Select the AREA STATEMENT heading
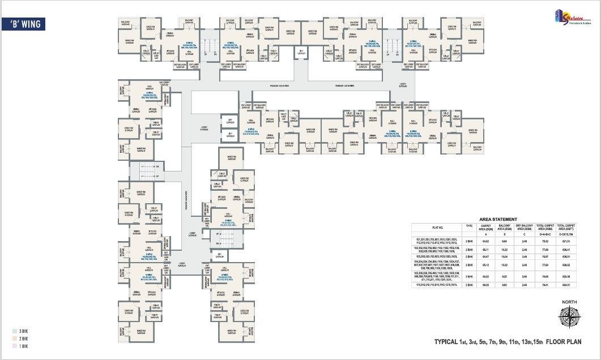coord(498,219)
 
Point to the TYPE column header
coord(469,225)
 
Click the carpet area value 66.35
coord(485,285)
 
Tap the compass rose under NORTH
coord(569,320)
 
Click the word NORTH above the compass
coord(569,303)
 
